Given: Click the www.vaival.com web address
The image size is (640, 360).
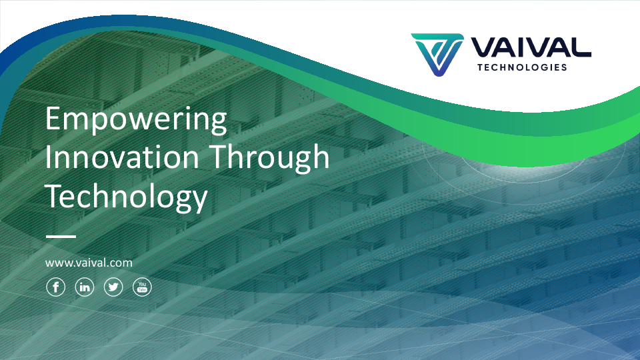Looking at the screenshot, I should (x=89, y=263).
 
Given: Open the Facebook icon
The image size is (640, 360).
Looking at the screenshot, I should (x=55, y=287).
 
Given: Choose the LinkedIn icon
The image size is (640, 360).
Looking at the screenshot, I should (x=85, y=287).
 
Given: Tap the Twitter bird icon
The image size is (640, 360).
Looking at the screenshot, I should (x=113, y=287).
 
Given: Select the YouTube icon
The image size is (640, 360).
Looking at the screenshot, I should (x=143, y=287).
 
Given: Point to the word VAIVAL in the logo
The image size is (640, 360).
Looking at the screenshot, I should (x=531, y=47).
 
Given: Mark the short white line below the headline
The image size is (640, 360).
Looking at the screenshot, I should (x=61, y=237).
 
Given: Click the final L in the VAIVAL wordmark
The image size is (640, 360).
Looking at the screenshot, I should (x=581, y=47).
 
